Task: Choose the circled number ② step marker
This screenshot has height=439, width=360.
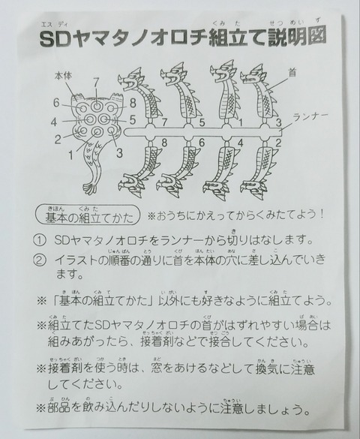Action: [x=39, y=262]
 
